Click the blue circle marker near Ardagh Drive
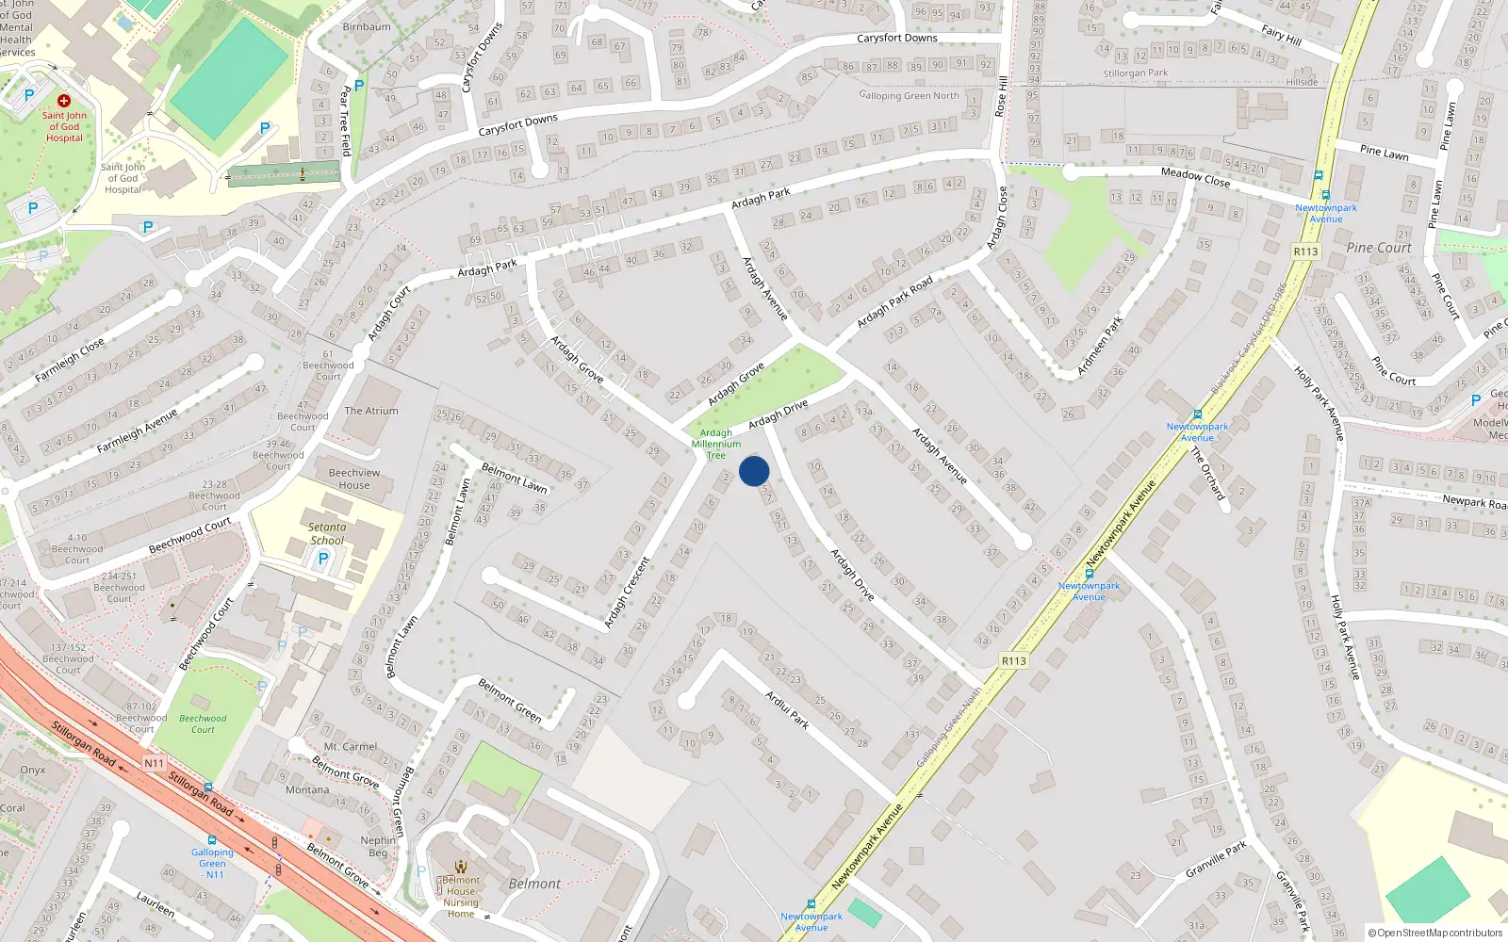click(754, 471)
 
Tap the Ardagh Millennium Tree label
click(716, 444)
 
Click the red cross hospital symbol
click(64, 100)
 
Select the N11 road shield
click(154, 763)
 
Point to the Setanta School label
click(327, 534)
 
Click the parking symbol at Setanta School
click(323, 559)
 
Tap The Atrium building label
click(371, 411)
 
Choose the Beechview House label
click(354, 479)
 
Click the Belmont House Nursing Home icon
click(461, 867)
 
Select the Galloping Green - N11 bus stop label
click(212, 863)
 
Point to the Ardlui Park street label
click(787, 709)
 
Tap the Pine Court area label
click(1379, 248)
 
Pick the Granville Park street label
click(1216, 859)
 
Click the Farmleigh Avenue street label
click(137, 431)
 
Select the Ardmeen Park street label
click(1100, 346)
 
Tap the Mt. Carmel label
click(351, 746)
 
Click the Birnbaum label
click(367, 26)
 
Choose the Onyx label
click(33, 770)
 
